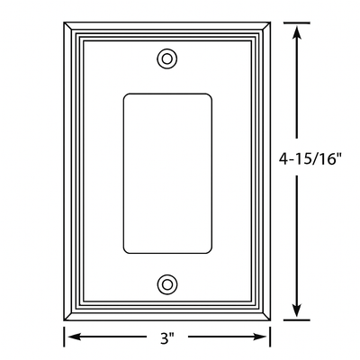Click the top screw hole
tap(166, 58)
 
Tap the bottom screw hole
tap(166, 284)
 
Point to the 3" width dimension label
tap(166, 339)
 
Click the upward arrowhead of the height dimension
tap(296, 27)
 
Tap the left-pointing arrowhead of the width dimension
tap(69, 339)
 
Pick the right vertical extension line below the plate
tap(270, 337)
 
